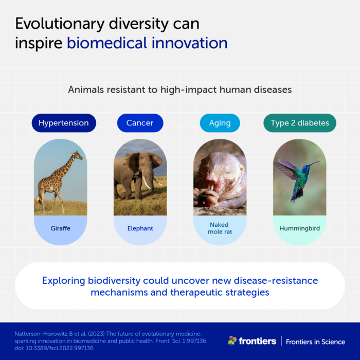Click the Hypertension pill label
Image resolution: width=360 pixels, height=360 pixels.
click(63, 123)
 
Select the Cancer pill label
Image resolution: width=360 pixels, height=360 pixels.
click(140, 123)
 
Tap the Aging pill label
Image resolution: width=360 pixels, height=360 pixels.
click(220, 123)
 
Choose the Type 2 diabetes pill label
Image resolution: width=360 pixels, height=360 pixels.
click(300, 123)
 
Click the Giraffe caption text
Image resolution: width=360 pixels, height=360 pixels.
click(61, 228)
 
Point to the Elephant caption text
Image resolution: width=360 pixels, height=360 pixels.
click(140, 228)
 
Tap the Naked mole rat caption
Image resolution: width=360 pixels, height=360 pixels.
click(220, 228)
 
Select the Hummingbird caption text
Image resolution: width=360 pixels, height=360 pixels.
click(299, 228)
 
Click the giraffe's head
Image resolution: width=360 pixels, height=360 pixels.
click(77, 154)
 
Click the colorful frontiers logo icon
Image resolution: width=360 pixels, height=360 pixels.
click(232, 340)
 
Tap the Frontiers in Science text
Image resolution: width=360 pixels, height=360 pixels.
click(315, 341)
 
